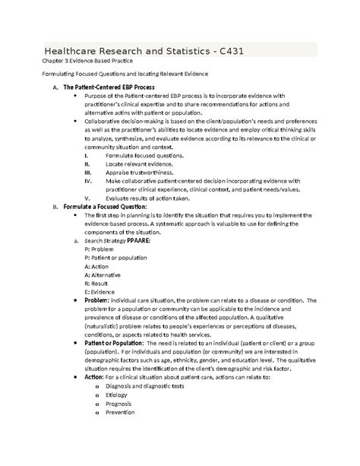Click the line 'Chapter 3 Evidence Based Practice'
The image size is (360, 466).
[90, 61]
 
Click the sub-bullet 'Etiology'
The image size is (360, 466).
[120, 395]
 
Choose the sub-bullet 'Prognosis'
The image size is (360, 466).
[122, 404]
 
